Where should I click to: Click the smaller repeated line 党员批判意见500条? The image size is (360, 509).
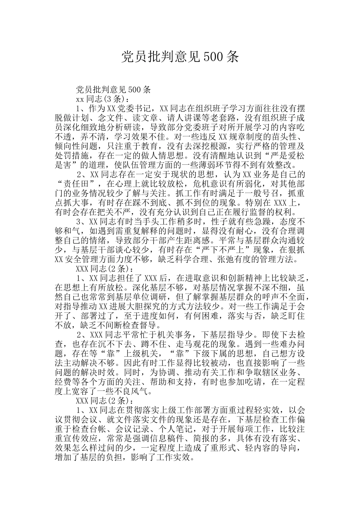click(x=114, y=90)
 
